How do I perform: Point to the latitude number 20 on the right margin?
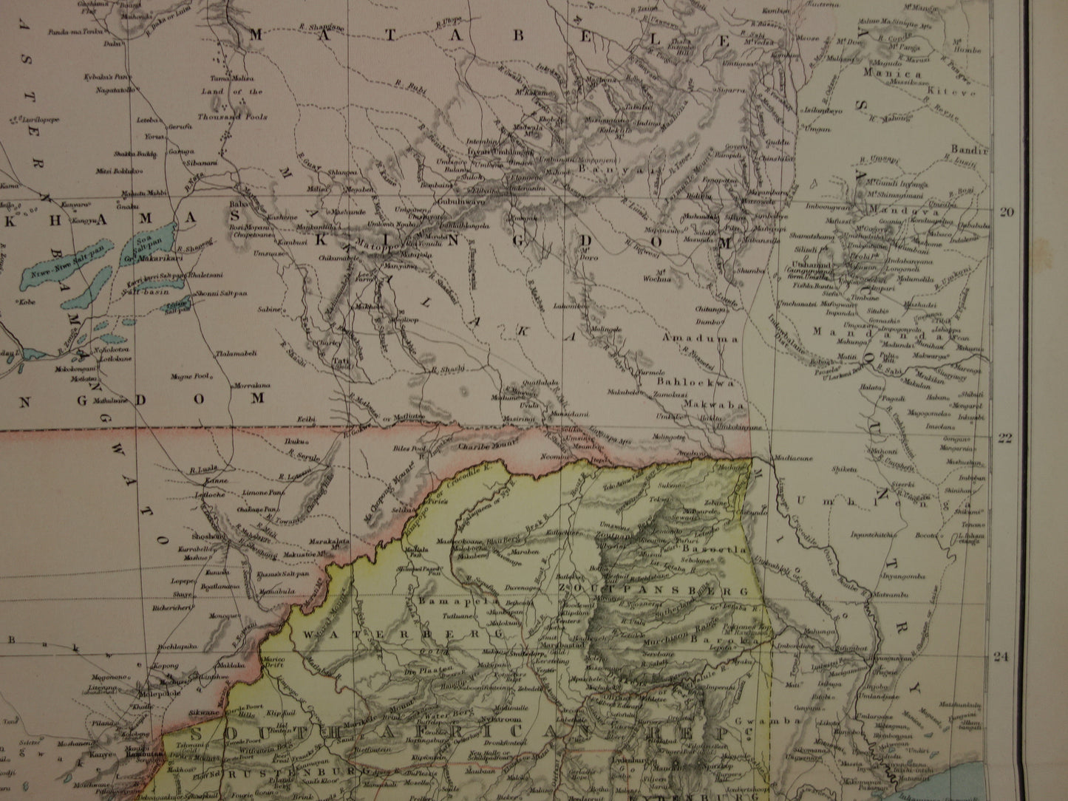pyautogui.click(x=1005, y=212)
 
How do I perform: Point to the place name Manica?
pyautogui.click(x=897, y=75)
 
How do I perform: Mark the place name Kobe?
pyautogui.click(x=28, y=301)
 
